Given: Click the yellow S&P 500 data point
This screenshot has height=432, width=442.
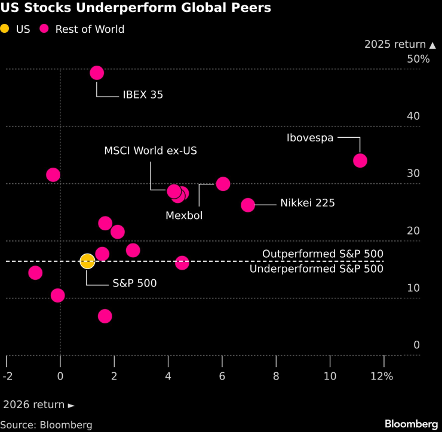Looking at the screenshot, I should click(87, 261).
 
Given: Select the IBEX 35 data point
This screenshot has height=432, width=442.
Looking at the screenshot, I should click(97, 73).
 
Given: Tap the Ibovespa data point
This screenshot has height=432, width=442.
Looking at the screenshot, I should click(360, 161).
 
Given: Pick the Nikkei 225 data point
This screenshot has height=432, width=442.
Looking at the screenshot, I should click(248, 205).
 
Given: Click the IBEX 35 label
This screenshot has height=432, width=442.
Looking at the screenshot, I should click(143, 95).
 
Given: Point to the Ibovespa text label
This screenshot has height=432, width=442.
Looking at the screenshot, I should click(310, 138).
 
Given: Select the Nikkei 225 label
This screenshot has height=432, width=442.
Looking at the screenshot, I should click(308, 203).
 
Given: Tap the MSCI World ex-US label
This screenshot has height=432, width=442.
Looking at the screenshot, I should click(151, 151).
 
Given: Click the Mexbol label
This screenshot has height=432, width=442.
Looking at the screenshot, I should click(184, 215).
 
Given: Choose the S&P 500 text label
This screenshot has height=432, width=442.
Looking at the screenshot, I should click(134, 283).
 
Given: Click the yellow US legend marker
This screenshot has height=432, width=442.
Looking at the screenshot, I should click(5, 29).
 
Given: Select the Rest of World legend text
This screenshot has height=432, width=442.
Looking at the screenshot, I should click(90, 29).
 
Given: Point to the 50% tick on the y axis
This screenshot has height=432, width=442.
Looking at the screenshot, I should click(418, 59).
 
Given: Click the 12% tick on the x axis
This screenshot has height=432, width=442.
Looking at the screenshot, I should click(382, 377).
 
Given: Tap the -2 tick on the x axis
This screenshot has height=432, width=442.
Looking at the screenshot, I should click(7, 377).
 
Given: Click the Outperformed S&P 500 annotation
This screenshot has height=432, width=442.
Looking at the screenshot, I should click(323, 254).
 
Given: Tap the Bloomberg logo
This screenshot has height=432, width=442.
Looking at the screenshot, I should click(411, 424).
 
